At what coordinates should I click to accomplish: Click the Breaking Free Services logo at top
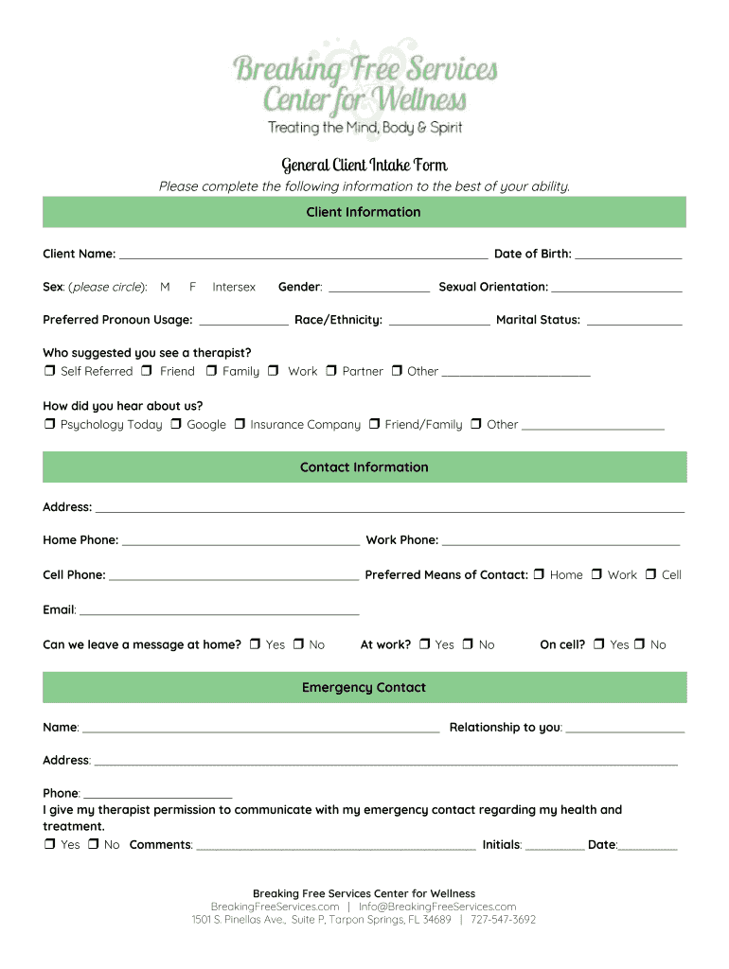(x=364, y=85)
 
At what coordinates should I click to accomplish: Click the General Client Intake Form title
(x=364, y=166)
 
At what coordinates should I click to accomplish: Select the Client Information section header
(x=364, y=212)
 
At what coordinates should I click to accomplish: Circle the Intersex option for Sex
(x=234, y=287)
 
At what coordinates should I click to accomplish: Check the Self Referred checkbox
(x=49, y=371)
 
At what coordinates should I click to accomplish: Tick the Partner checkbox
(x=331, y=371)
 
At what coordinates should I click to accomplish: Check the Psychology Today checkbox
(x=49, y=425)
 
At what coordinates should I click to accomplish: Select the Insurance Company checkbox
(x=240, y=425)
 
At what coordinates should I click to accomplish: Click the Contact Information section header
(x=364, y=467)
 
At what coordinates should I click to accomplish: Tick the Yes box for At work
(x=424, y=644)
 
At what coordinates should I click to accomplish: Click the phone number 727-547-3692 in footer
(x=504, y=919)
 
